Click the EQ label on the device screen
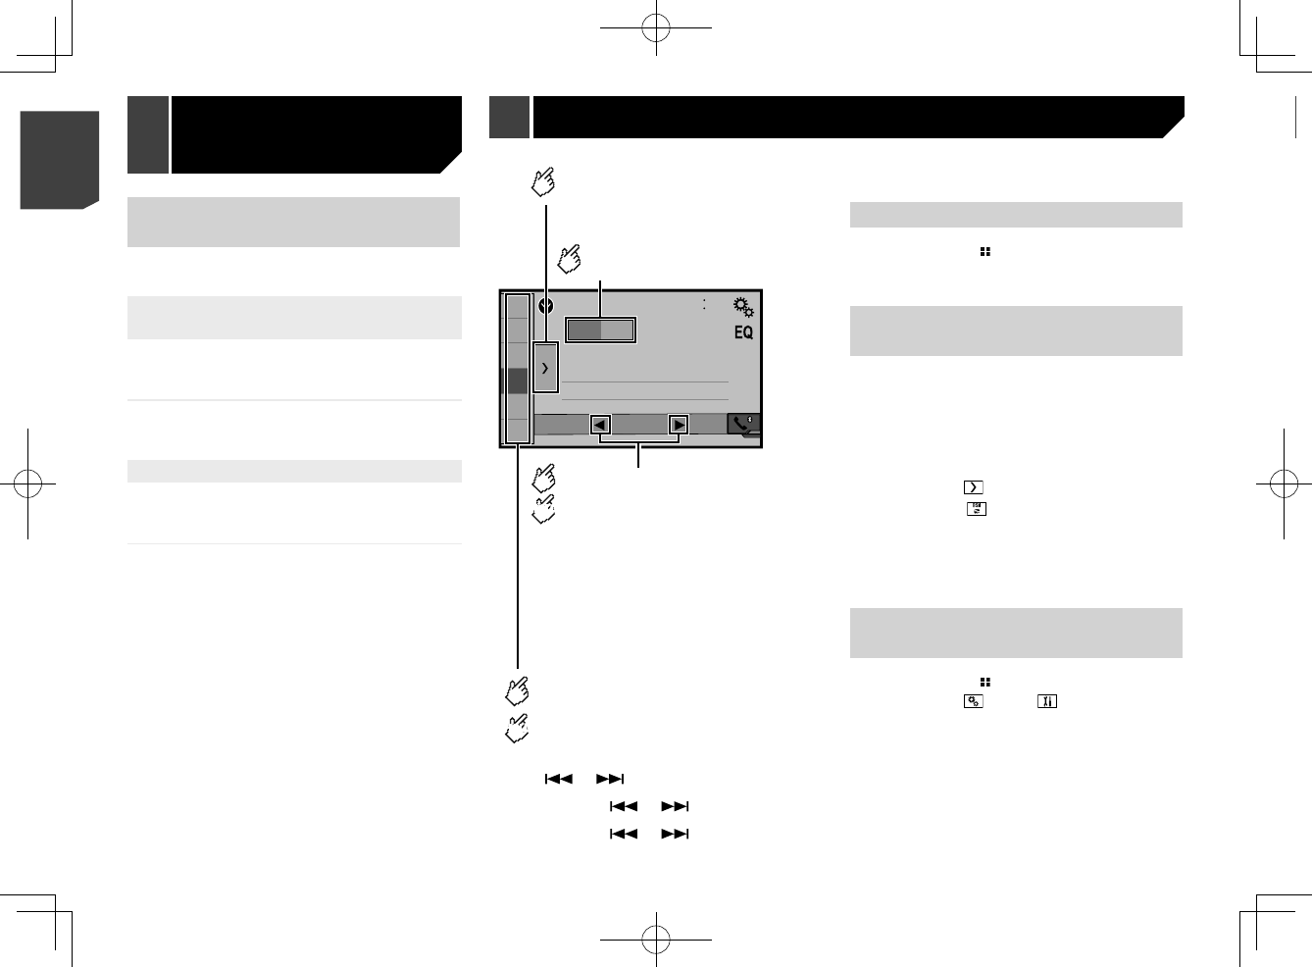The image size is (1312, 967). point(743,332)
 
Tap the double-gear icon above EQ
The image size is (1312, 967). point(743,307)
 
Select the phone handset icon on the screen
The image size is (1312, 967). point(742,423)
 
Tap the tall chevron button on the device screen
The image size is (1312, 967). point(545,368)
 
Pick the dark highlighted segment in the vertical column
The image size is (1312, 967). point(517,381)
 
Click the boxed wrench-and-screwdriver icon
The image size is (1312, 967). point(1046,701)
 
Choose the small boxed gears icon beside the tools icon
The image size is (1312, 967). point(973,701)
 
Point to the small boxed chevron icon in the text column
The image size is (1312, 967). point(973,487)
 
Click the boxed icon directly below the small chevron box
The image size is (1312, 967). point(977,509)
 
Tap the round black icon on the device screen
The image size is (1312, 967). point(546,306)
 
